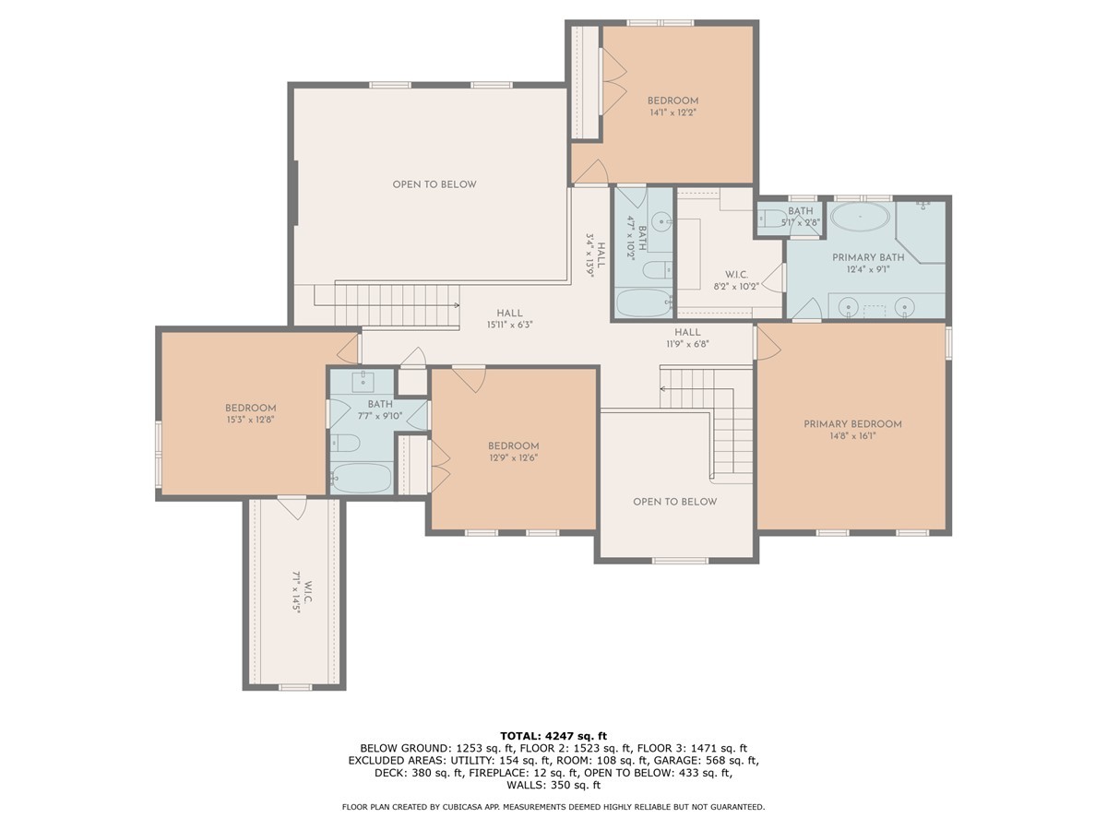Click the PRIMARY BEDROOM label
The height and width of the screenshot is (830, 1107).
click(x=852, y=424)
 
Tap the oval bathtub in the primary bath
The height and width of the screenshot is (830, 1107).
click(x=860, y=217)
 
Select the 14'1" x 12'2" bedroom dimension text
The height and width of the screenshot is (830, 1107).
click(x=673, y=113)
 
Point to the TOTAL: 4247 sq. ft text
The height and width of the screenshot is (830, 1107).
click(x=553, y=736)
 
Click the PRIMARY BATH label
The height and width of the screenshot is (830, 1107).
click(x=868, y=257)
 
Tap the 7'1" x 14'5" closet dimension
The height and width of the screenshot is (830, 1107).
click(x=296, y=592)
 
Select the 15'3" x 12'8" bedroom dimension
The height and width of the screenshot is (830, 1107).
click(x=251, y=420)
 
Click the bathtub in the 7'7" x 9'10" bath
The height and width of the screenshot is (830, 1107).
click(x=363, y=478)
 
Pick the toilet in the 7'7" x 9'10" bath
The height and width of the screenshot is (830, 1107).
click(x=345, y=443)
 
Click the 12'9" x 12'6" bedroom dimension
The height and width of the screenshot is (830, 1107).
click(x=514, y=458)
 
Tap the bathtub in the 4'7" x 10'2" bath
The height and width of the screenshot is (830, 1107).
click(x=645, y=302)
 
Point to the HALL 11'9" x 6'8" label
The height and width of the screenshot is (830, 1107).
click(x=687, y=338)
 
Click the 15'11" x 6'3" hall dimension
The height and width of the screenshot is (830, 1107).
click(x=509, y=325)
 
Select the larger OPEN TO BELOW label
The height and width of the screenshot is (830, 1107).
click(x=434, y=184)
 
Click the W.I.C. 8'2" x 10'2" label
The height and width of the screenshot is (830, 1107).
click(x=736, y=280)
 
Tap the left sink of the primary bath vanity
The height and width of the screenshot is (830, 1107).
click(x=850, y=306)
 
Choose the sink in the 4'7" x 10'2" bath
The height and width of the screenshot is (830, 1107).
click(x=661, y=220)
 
